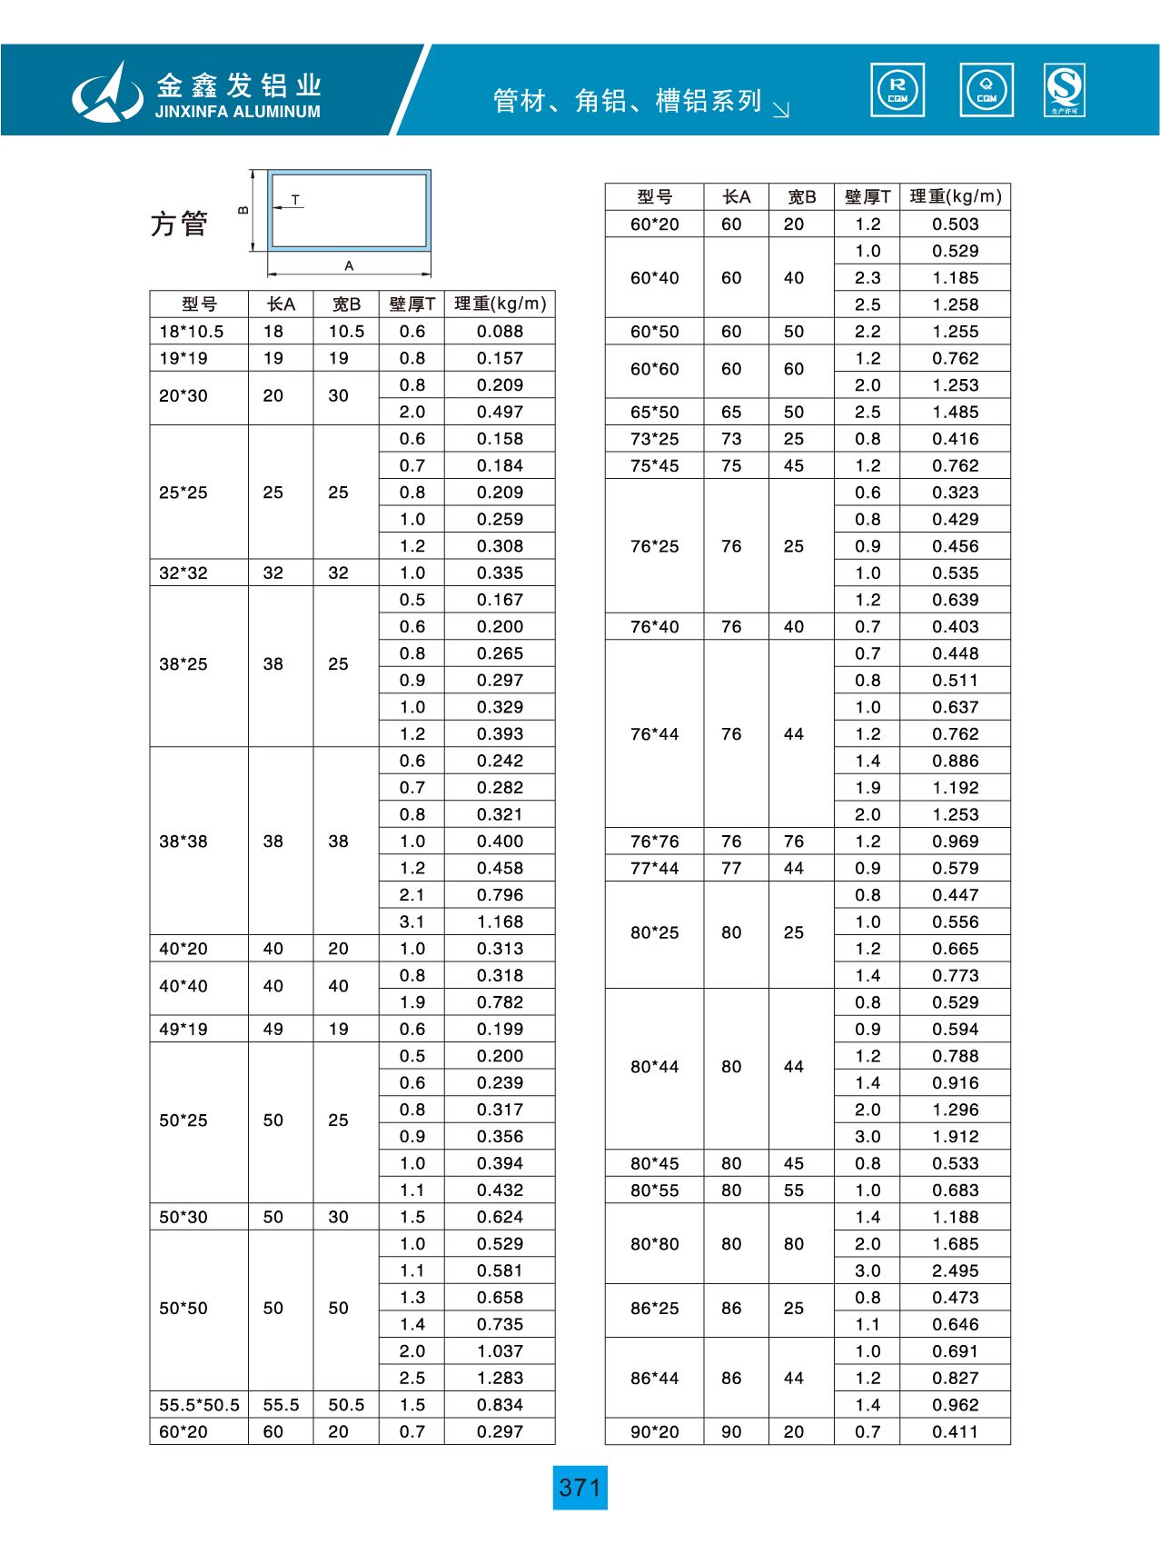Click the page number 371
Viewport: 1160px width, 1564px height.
(580, 1488)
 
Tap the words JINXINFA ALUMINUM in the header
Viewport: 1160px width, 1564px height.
(238, 112)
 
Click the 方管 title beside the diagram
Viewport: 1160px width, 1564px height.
(179, 224)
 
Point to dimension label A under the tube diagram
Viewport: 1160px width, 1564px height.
(349, 266)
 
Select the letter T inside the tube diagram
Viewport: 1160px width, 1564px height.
(295, 199)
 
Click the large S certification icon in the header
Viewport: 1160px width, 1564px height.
(1065, 90)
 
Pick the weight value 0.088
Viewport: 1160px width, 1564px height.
(500, 332)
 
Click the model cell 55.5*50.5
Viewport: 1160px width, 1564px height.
(199, 1405)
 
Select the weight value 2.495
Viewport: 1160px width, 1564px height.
(955, 1270)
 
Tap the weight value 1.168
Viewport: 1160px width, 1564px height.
(500, 921)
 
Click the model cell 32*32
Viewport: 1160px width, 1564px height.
(183, 573)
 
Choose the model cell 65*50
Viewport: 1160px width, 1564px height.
(654, 412)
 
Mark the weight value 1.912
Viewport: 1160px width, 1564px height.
(955, 1136)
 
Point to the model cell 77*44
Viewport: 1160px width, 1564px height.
(654, 868)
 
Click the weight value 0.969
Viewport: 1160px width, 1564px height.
(955, 842)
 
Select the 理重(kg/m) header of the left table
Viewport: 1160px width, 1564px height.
(500, 304)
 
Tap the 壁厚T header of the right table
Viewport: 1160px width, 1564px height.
(867, 196)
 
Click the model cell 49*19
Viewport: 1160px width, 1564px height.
(183, 1029)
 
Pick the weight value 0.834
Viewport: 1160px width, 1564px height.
(500, 1405)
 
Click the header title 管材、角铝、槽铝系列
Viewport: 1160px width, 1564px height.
(627, 100)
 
